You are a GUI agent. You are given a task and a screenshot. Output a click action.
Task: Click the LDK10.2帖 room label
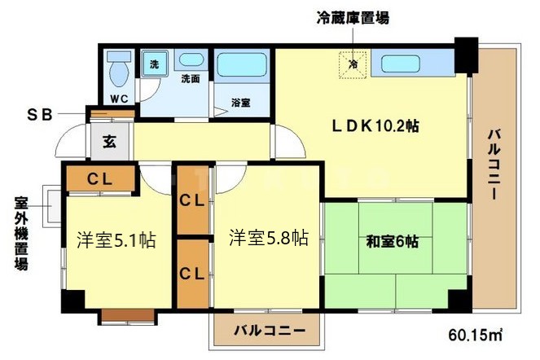point(375,126)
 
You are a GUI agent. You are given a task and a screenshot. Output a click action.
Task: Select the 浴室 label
point(240,103)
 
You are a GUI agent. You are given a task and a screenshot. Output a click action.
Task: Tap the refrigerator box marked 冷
point(353,64)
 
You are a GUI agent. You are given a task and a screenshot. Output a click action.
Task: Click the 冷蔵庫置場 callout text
point(352,17)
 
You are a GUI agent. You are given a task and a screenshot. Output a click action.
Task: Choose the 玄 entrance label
point(108,140)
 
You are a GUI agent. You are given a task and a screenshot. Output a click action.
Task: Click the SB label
point(40,115)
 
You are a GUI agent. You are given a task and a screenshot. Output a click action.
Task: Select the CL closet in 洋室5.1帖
point(99,178)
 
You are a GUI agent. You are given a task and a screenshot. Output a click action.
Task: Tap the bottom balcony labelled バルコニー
point(269,331)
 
